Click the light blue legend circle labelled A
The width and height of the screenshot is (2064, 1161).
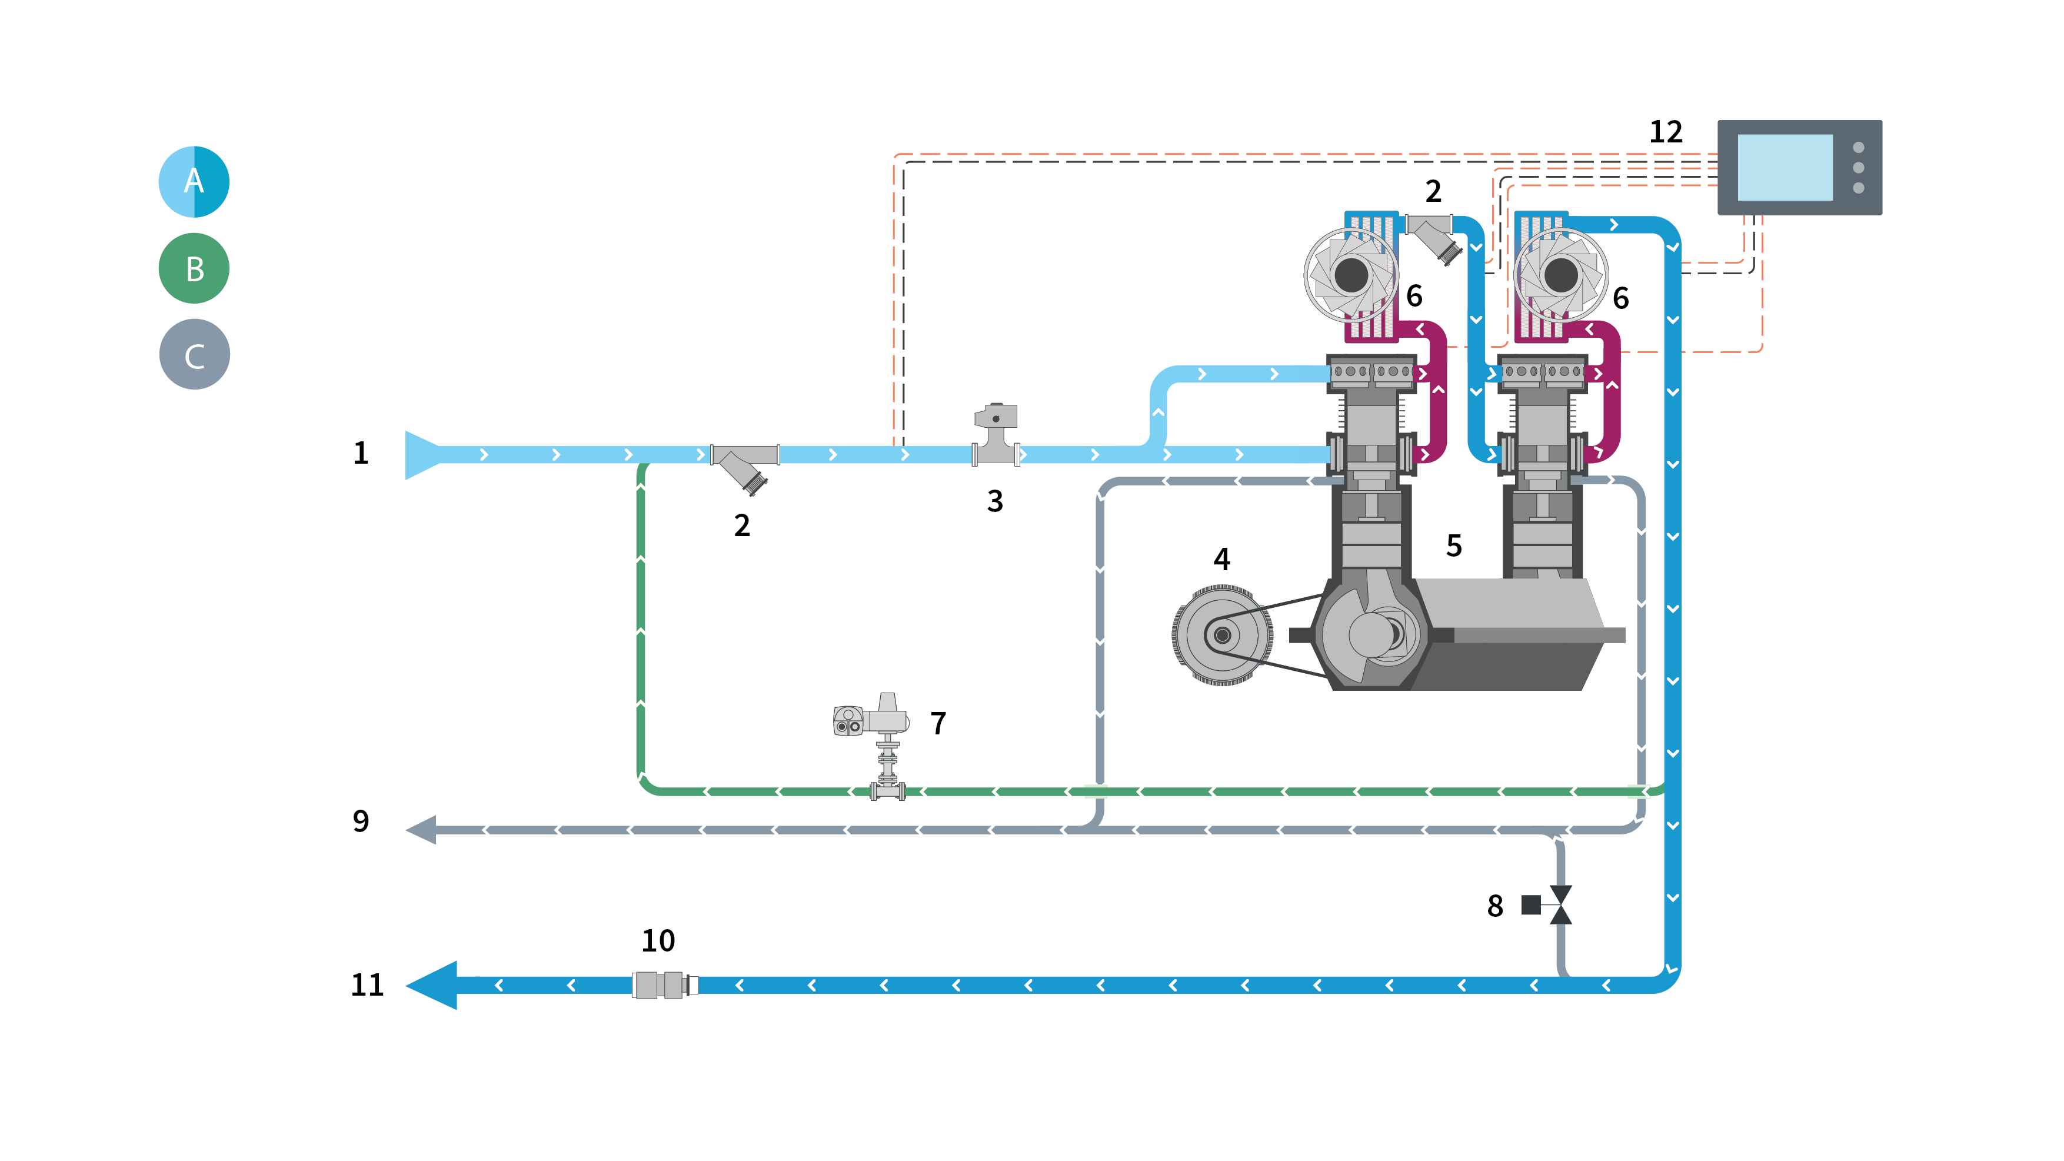[x=194, y=181]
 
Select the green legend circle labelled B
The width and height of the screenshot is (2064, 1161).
[x=194, y=268]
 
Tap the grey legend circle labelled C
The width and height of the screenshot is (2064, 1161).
[x=195, y=354]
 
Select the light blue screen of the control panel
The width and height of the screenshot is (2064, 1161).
[x=1785, y=168]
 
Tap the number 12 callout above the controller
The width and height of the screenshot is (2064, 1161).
[x=1666, y=131]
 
